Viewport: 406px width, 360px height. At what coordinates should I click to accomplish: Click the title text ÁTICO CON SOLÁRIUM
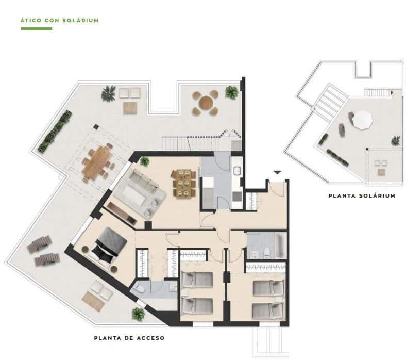[59, 20]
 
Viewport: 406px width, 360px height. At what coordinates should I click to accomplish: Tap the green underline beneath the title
[36, 28]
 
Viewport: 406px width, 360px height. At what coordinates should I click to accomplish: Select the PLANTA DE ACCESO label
[129, 338]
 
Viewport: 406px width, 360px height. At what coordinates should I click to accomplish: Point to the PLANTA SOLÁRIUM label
[362, 195]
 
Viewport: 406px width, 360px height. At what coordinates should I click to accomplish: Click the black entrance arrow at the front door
[277, 173]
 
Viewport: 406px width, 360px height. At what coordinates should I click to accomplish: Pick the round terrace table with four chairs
[206, 103]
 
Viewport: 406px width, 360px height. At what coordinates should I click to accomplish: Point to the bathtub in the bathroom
[279, 246]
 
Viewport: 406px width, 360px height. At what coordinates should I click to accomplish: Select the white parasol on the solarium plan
[362, 120]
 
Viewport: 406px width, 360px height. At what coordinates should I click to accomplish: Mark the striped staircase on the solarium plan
[329, 102]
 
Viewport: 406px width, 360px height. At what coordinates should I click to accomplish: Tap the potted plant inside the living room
[145, 161]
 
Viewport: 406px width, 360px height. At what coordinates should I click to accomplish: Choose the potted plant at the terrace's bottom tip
[138, 314]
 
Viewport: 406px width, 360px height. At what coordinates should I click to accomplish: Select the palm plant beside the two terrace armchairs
[108, 94]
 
